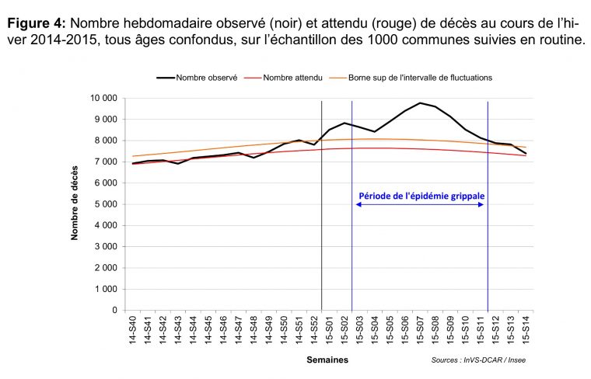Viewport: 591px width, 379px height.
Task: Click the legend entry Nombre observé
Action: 198,78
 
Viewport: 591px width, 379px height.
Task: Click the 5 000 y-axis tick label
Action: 105,204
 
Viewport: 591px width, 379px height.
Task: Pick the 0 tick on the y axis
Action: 114,311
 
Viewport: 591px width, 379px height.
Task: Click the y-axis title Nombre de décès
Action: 75,204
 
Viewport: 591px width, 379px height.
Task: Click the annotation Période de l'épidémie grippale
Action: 420,195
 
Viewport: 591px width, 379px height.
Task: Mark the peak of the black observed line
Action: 420,103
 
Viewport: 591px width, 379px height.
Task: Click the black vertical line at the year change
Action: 322,233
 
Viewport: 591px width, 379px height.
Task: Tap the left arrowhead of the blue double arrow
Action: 357,204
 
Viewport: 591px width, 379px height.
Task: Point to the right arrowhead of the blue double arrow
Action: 483,204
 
